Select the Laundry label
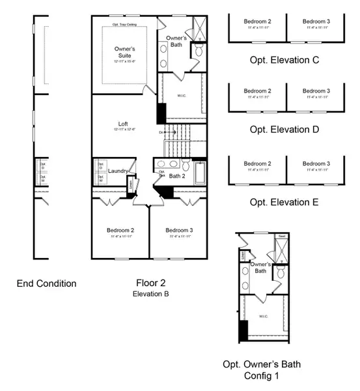[118, 171]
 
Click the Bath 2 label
[178, 176]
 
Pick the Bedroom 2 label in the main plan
[120, 231]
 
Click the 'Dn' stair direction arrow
[163, 132]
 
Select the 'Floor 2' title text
[152, 283]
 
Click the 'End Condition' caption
[46, 283]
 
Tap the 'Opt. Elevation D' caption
[284, 129]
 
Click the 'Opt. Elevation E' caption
[284, 201]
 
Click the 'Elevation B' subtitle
[152, 295]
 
